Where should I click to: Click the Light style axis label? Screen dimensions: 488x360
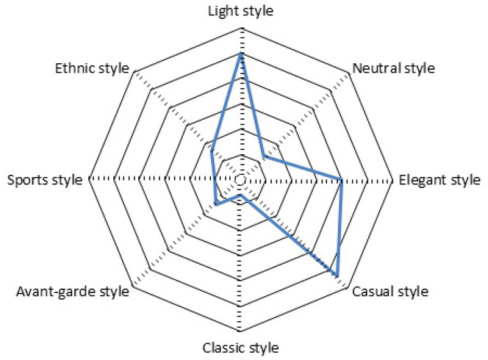pos(240,12)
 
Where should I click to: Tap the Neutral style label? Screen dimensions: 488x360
pos(393,68)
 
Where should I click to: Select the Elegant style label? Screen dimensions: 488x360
pos(439,180)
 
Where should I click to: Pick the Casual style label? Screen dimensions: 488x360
pos(390,292)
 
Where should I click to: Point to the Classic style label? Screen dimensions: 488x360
pos(240,348)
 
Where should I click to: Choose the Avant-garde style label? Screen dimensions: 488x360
pos(73,292)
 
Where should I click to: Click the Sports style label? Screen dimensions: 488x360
pos(45,180)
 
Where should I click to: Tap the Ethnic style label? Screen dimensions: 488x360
pos(92,68)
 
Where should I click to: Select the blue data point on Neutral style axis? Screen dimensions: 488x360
pos(264,156)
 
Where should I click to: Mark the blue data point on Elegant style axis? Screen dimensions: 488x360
pos(342,180)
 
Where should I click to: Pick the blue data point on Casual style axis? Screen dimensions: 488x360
pos(337,275)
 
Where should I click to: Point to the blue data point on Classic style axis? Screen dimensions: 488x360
pos(240,195)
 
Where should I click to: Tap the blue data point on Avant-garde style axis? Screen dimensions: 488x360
pos(216,204)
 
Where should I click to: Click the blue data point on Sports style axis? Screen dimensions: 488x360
pos(215,180)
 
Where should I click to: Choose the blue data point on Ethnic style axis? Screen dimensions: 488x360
pos(212,151)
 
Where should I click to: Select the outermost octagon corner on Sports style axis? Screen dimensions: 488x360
pos(89,179)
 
